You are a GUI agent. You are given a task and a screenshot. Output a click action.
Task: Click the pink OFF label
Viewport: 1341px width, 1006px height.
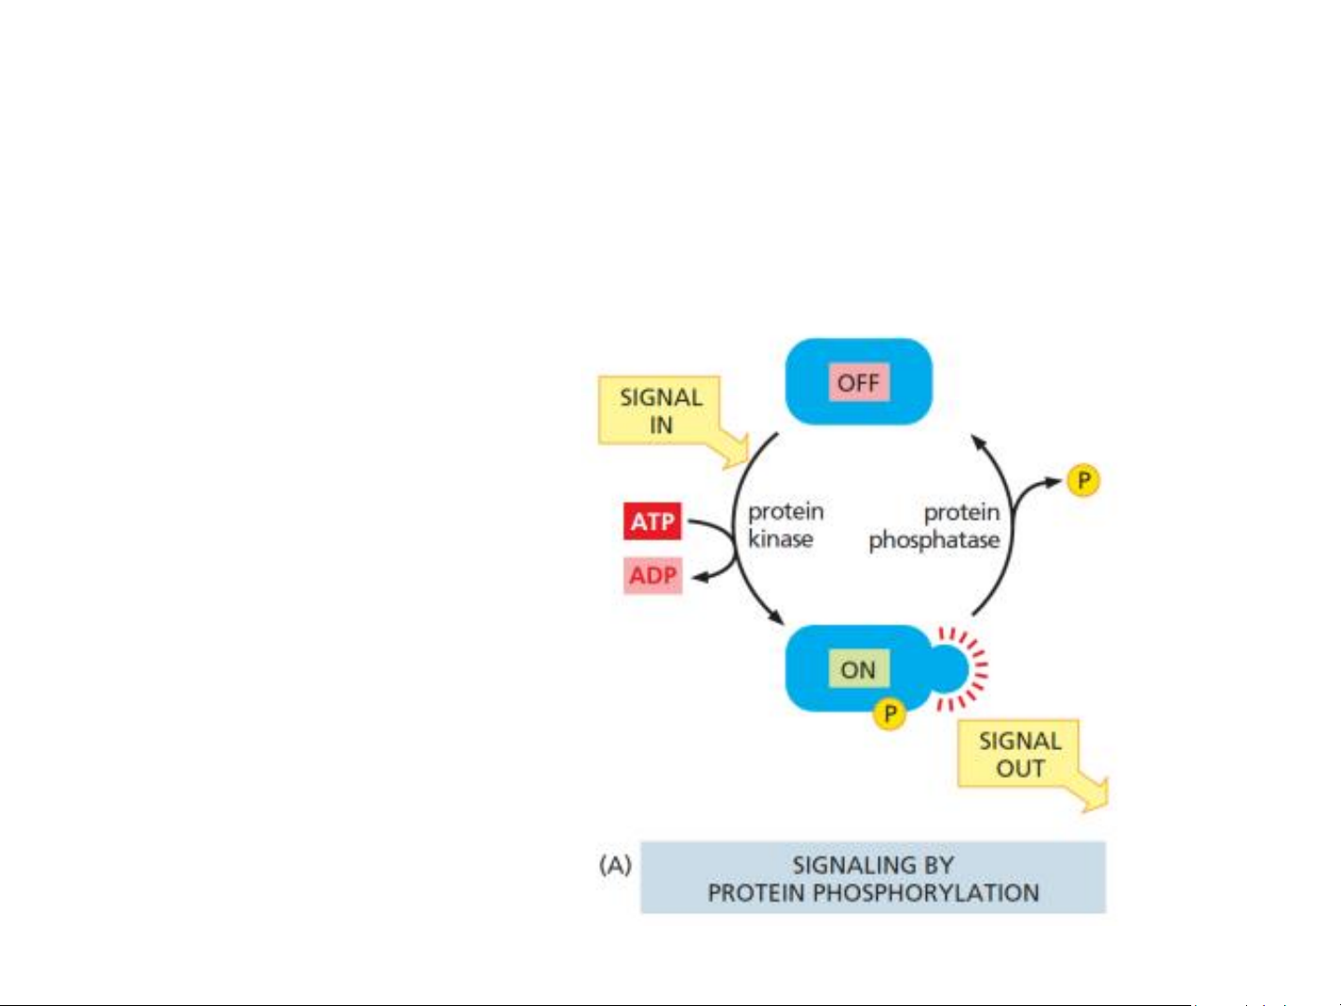[858, 383]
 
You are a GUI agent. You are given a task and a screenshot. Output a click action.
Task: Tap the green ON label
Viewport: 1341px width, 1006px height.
[858, 669]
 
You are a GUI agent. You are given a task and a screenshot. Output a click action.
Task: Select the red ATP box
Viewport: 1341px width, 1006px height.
[651, 521]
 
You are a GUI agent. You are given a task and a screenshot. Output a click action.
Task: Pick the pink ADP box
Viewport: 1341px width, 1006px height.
[652, 575]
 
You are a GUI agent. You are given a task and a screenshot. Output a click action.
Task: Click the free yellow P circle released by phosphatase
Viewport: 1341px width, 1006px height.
[1083, 480]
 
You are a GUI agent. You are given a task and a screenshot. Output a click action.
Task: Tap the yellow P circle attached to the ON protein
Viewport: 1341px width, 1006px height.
[890, 714]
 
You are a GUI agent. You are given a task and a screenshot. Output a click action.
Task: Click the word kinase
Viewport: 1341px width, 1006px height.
[780, 539]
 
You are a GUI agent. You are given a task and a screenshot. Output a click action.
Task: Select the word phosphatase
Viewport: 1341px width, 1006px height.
[934, 540]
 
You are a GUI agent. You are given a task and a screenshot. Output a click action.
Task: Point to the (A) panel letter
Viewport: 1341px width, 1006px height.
[615, 865]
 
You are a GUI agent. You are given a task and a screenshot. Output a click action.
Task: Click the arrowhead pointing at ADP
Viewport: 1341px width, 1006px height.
[700, 577]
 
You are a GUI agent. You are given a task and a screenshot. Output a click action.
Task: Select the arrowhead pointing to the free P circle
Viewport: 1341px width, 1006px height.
[1054, 482]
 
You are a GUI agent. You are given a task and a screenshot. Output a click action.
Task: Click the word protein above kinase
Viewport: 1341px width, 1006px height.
[785, 512]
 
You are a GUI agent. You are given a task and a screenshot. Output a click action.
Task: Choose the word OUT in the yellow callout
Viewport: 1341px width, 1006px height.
[1020, 769]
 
